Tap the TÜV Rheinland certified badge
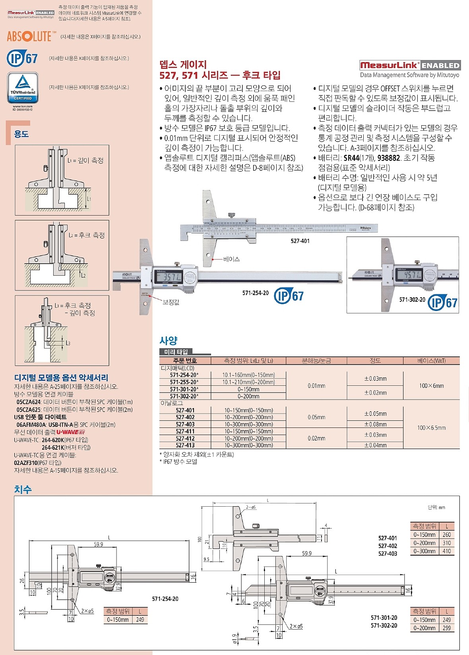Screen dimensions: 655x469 coord(23,88)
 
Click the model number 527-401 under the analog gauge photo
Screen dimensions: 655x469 coord(300,241)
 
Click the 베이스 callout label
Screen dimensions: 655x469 coord(231,259)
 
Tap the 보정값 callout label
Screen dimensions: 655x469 coord(171,302)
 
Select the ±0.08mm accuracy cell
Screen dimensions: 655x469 coord(375,424)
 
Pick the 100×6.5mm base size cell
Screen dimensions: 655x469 coord(431,428)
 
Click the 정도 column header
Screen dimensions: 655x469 coord(375,361)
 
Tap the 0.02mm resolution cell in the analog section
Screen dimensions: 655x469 coord(316,438)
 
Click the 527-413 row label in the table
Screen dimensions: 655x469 coord(185,445)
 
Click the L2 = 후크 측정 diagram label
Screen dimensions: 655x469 coord(86,235)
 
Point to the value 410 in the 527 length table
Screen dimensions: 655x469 coord(447,551)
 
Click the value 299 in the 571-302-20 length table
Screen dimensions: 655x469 coord(447,628)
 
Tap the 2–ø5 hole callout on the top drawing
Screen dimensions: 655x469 coord(251,507)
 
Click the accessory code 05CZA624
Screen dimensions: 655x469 coord(29,402)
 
